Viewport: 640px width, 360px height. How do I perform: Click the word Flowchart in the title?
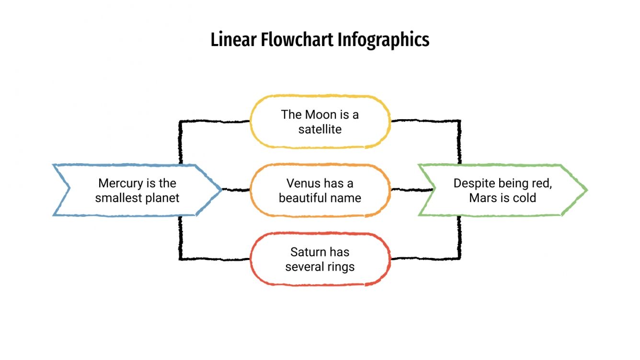[x=297, y=39]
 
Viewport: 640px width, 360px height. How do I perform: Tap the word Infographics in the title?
[x=383, y=39]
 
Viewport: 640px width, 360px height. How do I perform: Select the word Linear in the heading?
[x=234, y=39]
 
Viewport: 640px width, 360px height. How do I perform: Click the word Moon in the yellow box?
[x=321, y=114]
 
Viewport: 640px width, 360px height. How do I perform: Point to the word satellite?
[x=320, y=129]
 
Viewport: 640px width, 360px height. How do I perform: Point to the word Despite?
[x=474, y=183]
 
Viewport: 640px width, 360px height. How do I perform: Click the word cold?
[x=525, y=198]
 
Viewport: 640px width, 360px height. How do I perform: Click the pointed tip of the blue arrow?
[x=221, y=190]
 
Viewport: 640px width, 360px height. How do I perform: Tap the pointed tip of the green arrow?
[x=586, y=190]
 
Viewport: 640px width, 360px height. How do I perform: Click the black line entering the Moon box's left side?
[x=216, y=122]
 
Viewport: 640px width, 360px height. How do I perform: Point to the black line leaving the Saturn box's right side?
[x=424, y=259]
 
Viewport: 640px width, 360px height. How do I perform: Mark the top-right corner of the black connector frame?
[x=459, y=121]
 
